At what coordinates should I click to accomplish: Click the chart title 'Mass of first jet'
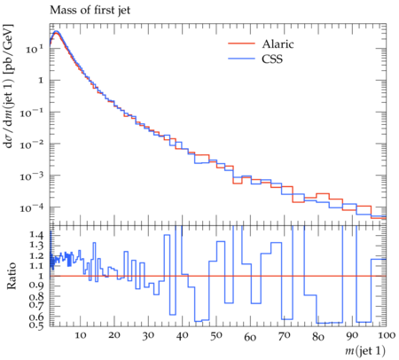[90, 11]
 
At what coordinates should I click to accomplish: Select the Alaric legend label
[278, 44]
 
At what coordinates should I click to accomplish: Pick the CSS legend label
[272, 59]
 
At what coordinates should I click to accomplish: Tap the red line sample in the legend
[241, 43]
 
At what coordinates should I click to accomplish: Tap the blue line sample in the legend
[241, 59]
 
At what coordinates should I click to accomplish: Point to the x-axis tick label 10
[81, 335]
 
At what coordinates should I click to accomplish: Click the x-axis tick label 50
[216, 335]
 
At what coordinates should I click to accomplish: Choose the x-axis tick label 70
[284, 335]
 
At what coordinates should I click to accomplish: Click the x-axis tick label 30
[148, 335]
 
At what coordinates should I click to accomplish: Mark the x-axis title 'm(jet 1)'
[365, 350]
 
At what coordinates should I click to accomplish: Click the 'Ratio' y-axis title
[11, 276]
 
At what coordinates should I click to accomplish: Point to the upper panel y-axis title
[9, 86]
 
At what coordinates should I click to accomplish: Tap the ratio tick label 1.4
[36, 235]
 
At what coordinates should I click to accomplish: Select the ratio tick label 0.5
[36, 325]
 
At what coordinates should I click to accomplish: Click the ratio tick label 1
[41, 276]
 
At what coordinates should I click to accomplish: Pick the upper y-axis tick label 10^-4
[32, 207]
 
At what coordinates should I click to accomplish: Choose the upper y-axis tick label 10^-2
[32, 145]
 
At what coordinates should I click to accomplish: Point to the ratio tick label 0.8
[36, 296]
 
